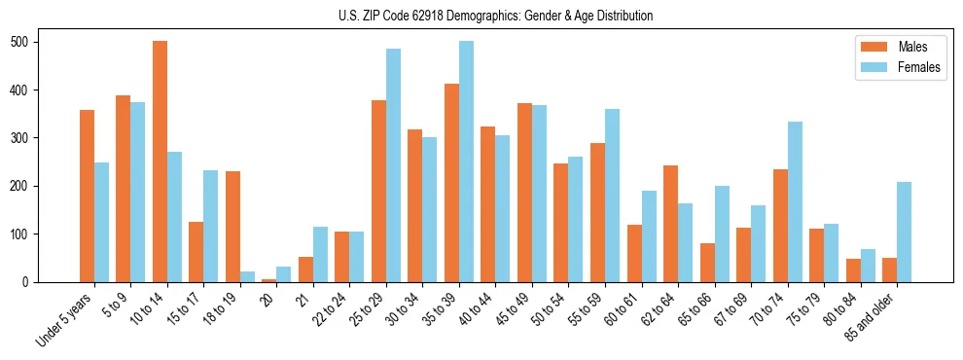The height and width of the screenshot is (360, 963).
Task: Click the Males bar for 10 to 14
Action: tap(160, 162)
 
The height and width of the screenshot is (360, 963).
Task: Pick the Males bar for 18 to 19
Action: tap(232, 227)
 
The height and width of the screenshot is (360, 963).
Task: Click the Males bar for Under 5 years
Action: tap(87, 196)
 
